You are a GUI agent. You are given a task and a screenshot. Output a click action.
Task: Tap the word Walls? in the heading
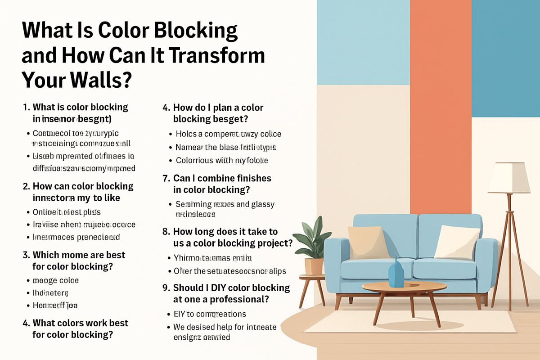tap(99, 80)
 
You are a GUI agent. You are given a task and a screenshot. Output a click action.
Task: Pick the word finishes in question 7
tap(252, 178)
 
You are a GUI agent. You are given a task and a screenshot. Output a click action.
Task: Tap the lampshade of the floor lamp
tap(508, 178)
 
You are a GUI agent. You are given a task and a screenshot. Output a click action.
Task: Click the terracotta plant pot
tap(314, 266)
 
